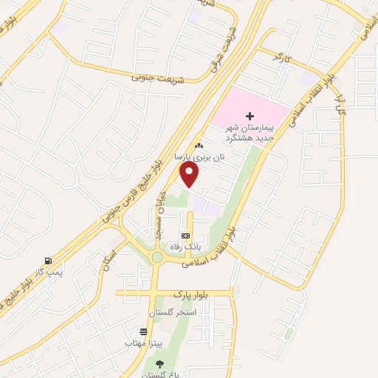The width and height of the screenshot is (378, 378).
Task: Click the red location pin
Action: (x=190, y=174)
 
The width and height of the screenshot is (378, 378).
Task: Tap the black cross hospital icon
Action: (x=250, y=116)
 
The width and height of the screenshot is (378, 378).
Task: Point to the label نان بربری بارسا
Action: (x=197, y=157)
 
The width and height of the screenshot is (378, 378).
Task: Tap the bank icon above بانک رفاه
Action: (x=185, y=235)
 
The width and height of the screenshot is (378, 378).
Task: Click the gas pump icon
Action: (x=48, y=261)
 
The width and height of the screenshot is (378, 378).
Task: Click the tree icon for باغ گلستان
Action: (x=159, y=363)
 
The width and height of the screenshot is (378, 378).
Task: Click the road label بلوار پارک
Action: (x=192, y=295)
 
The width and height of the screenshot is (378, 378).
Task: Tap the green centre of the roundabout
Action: (x=157, y=258)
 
